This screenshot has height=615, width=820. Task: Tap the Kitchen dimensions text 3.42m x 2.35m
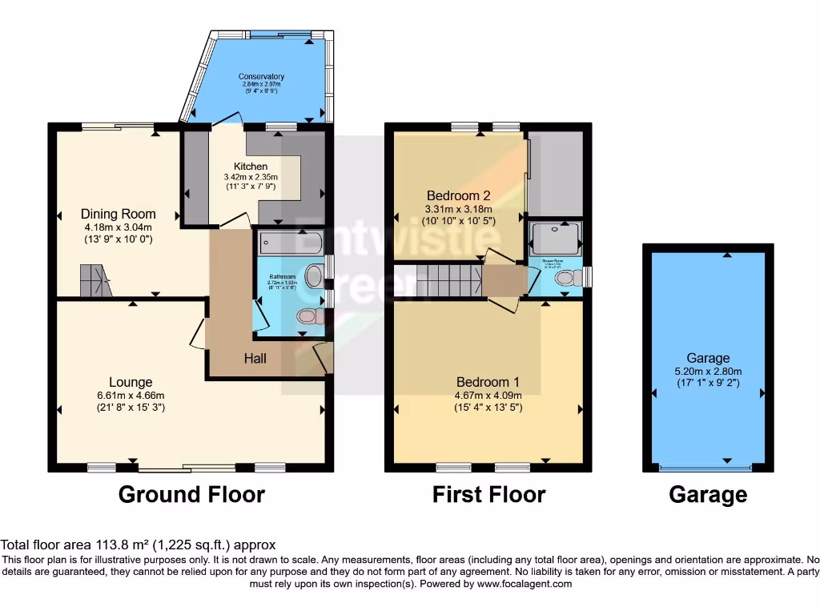click(x=250, y=178)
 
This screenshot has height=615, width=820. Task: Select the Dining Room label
click(x=118, y=214)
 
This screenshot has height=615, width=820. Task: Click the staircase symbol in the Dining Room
click(x=94, y=280)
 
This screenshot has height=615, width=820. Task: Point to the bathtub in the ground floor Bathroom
click(x=289, y=241)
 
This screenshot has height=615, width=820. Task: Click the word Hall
click(x=255, y=359)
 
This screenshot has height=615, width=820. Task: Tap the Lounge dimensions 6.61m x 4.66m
click(x=130, y=395)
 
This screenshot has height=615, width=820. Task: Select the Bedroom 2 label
click(x=458, y=195)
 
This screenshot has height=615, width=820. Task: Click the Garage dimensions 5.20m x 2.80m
click(x=708, y=371)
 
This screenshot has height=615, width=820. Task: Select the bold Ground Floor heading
click(x=191, y=494)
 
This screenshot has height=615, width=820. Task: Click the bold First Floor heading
click(x=488, y=494)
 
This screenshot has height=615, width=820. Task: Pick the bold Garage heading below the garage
click(x=708, y=495)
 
